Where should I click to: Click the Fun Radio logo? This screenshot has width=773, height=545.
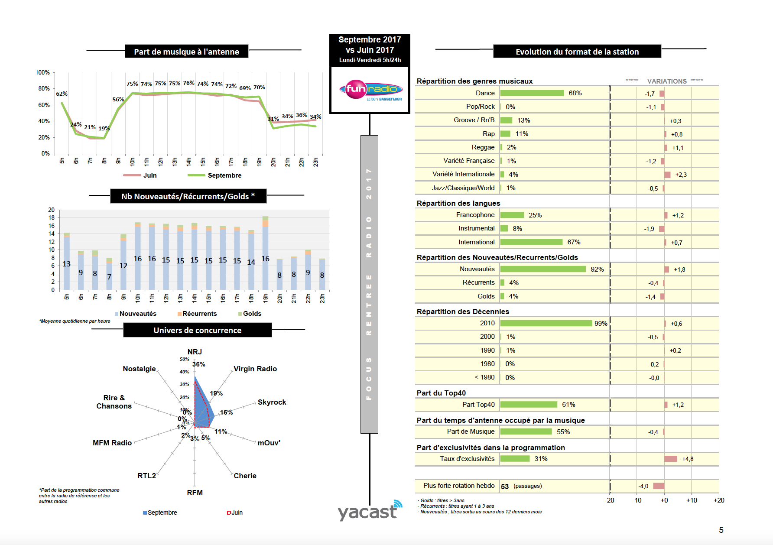point(370,90)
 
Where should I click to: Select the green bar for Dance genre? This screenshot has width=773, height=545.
point(532,93)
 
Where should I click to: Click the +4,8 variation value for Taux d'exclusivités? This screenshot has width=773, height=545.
point(688,459)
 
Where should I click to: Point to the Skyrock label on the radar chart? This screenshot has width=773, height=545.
point(272,402)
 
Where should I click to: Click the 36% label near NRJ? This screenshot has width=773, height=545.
point(198,364)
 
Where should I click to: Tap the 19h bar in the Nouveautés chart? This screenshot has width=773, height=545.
point(265,256)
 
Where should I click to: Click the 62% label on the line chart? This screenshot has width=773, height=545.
point(62,94)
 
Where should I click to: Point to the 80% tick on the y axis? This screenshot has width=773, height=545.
point(44,88)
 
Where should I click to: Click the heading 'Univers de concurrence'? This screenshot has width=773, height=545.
point(197,330)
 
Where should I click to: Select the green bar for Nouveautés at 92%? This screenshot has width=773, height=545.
point(543,269)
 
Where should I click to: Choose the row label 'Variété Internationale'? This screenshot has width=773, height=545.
point(463,174)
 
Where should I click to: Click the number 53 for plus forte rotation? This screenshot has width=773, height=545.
point(505,486)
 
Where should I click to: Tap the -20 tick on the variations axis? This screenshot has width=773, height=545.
point(609,500)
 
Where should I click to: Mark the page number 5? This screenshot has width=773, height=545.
point(721,530)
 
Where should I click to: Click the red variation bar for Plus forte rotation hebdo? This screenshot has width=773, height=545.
point(659,486)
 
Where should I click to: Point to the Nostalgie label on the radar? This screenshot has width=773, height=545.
point(139,369)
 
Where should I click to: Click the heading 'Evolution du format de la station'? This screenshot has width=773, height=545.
point(577,52)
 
